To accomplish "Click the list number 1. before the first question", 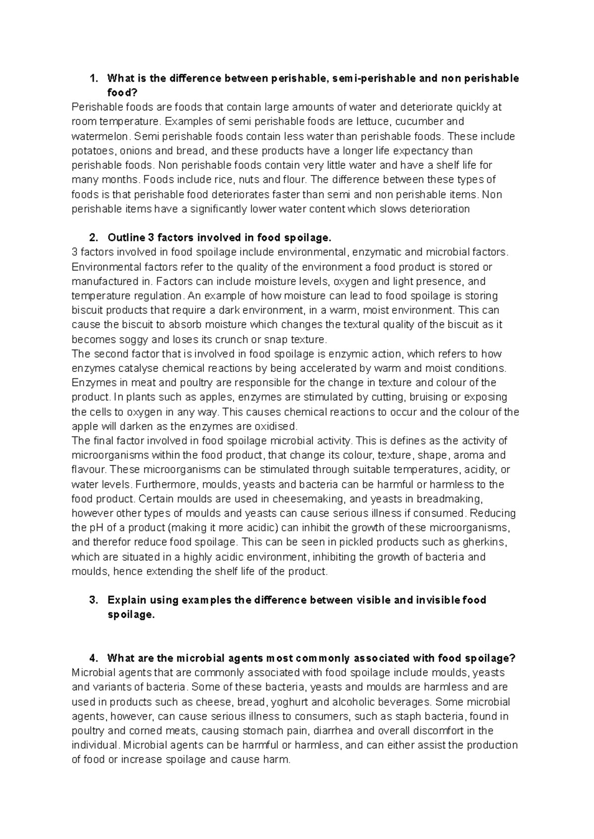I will [x=94, y=78].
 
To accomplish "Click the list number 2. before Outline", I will [x=94, y=238].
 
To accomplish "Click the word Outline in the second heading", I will [x=126, y=238].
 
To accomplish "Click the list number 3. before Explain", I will [x=94, y=600].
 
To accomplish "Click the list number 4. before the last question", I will [x=94, y=658].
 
